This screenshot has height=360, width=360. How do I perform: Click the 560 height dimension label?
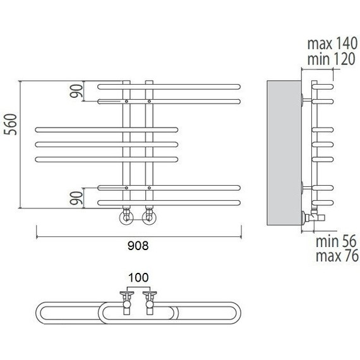click(11, 124)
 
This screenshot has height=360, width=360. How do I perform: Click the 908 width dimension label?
click(138, 246)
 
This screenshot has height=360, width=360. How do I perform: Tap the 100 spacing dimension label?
click(138, 277)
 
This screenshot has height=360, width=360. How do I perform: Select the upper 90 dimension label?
click(76, 91)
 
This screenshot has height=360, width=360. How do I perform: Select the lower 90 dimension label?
click(76, 198)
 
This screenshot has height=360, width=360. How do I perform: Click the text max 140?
click(332, 44)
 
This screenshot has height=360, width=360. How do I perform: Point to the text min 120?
click(331, 59)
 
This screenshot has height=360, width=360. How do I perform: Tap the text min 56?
click(336, 241)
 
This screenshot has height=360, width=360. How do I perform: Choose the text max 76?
click(337, 256)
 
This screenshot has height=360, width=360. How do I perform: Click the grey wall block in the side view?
click(284, 153)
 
